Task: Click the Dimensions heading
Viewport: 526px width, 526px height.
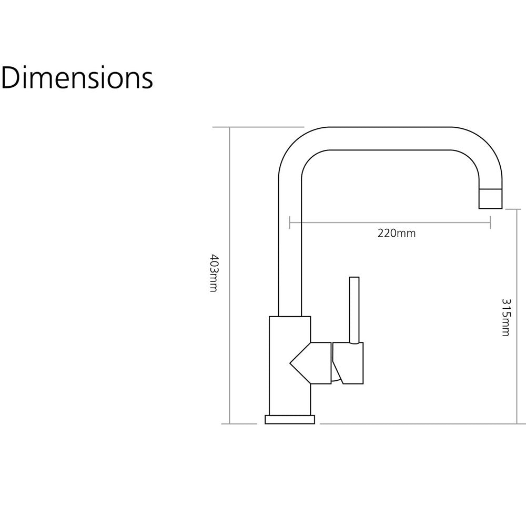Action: click(77, 78)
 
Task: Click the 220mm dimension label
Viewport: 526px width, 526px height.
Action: click(397, 233)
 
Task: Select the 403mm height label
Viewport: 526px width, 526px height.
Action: click(214, 272)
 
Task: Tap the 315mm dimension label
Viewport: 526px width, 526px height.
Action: click(505, 317)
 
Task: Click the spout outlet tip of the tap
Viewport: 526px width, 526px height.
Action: click(490, 199)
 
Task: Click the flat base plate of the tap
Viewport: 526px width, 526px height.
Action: click(290, 419)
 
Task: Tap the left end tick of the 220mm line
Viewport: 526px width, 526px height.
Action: click(289, 222)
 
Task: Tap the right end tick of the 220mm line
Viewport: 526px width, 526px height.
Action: click(490, 222)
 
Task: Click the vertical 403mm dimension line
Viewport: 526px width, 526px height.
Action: click(229, 276)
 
